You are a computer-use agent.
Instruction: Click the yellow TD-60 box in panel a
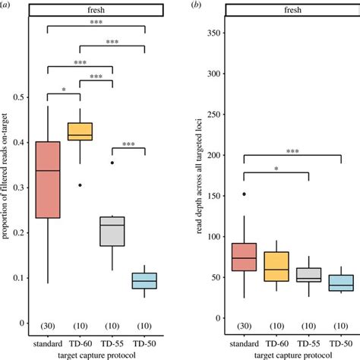80,131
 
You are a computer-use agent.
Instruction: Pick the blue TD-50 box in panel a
144,280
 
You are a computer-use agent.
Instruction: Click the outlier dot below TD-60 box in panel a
80,185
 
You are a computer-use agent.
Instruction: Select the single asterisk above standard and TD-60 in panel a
64,90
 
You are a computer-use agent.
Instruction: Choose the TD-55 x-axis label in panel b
308,343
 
